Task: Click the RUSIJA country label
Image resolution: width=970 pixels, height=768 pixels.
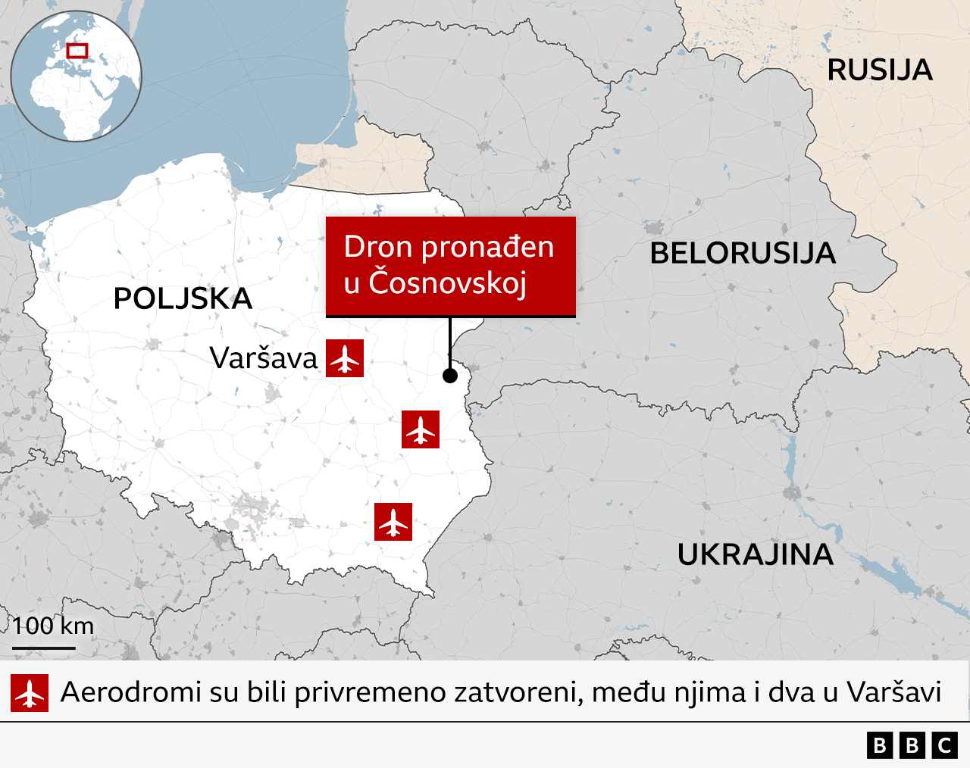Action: click(x=879, y=70)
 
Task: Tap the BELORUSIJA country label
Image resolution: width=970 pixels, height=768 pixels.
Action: click(x=743, y=253)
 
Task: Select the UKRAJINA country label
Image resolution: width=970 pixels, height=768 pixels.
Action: click(x=755, y=554)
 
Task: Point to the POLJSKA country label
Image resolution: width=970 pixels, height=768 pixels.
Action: click(x=183, y=298)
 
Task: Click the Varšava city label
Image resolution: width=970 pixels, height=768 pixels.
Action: click(x=264, y=358)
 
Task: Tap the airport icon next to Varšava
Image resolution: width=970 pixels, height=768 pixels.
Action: click(x=345, y=358)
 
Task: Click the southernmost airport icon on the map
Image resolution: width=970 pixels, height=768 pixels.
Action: click(x=393, y=522)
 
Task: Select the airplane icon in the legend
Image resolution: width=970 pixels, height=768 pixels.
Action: click(x=30, y=693)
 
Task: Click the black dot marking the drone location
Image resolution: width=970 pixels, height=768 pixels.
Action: click(x=450, y=375)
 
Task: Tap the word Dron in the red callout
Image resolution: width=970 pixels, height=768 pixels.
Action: click(x=379, y=247)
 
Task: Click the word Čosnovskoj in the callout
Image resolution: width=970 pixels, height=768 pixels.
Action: click(x=447, y=283)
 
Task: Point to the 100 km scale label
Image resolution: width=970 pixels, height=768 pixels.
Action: click(x=53, y=626)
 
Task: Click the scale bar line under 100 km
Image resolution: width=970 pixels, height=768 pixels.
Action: click(x=44, y=648)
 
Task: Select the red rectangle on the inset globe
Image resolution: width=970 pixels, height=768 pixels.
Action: click(x=77, y=51)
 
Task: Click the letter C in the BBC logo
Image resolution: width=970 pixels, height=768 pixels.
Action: click(x=944, y=746)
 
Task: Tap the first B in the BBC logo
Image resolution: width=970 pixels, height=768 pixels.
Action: click(x=880, y=746)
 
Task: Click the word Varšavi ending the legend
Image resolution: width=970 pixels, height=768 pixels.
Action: click(x=893, y=692)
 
